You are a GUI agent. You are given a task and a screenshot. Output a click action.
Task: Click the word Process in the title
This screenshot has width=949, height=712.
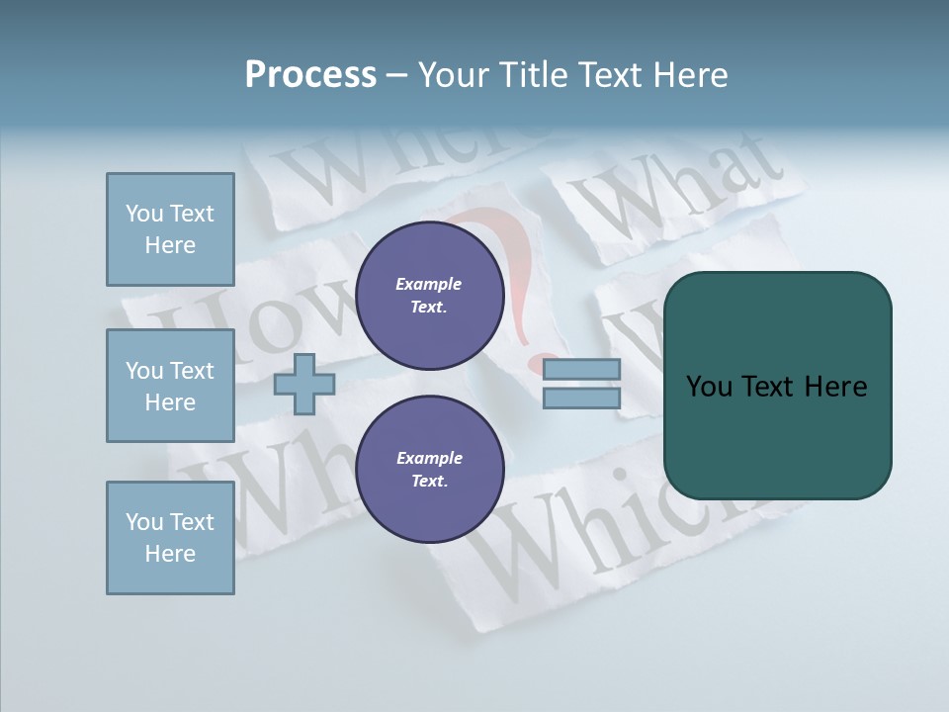[x=310, y=75]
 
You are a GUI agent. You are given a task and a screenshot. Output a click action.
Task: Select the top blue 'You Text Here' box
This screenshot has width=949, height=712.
[x=170, y=229]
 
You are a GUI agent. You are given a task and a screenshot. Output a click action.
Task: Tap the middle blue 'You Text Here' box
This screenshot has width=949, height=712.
[x=170, y=386]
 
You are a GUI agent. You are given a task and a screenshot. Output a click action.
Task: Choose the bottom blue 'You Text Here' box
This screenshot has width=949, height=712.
[x=170, y=537]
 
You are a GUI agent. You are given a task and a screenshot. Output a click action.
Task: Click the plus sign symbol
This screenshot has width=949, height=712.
[x=303, y=384]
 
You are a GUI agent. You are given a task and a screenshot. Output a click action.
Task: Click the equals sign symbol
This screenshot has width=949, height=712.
[x=582, y=384]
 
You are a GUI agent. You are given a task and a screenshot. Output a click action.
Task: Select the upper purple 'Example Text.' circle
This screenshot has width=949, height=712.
[x=429, y=295]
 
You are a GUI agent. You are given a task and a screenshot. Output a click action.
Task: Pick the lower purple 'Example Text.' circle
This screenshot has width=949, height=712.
[x=429, y=469]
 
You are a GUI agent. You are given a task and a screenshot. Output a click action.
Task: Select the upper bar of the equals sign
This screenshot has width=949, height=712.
[x=582, y=369]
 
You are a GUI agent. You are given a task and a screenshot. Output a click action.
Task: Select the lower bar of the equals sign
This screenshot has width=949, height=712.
[x=582, y=398]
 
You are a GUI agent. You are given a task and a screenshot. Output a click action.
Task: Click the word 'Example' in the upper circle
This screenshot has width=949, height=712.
[x=429, y=284]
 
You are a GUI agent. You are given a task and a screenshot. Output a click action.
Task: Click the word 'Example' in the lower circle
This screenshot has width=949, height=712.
[x=429, y=458]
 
